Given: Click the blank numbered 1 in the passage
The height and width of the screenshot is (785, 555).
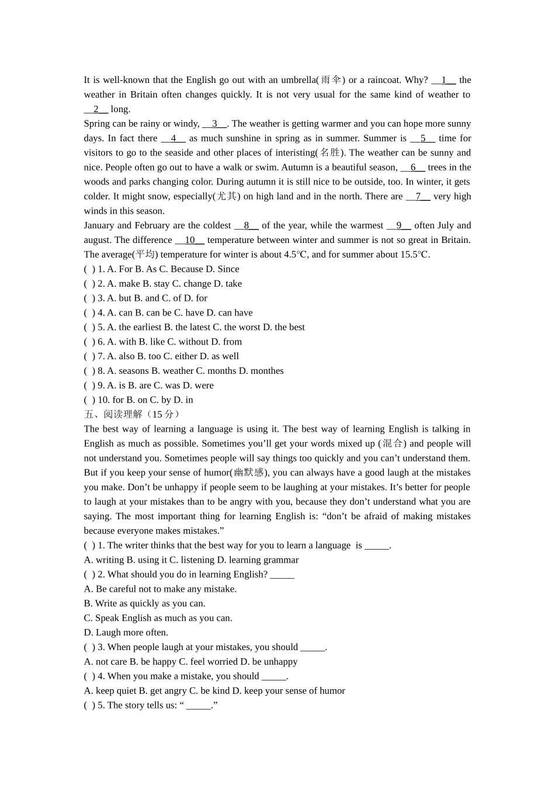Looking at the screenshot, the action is pyautogui.click(x=444, y=80).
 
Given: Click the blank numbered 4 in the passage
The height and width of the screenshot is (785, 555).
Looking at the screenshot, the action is pyautogui.click(x=174, y=138).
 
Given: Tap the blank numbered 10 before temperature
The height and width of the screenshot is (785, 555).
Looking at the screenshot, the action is pyautogui.click(x=190, y=240).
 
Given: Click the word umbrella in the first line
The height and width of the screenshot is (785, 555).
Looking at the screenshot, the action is pyautogui.click(x=299, y=80).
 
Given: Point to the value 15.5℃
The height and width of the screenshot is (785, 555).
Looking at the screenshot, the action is pyautogui.click(x=415, y=255).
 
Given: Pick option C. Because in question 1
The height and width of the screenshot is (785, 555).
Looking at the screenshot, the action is pyautogui.click(x=181, y=269).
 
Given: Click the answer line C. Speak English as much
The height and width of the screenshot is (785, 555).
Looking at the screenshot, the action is pyautogui.click(x=158, y=618).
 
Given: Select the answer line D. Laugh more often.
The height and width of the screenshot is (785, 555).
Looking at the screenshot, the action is pyautogui.click(x=126, y=633).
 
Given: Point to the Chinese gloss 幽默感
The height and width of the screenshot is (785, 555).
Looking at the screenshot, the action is pyautogui.click(x=249, y=473).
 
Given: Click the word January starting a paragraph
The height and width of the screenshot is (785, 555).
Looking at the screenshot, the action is pyautogui.click(x=99, y=225).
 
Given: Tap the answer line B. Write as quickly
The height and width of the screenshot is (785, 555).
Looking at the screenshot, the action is pyautogui.click(x=144, y=603).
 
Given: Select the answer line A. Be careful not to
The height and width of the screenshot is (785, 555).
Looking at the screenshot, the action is pyautogui.click(x=160, y=589).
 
